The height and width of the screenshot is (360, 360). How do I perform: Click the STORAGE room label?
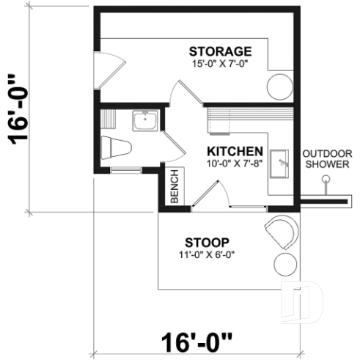(220, 51)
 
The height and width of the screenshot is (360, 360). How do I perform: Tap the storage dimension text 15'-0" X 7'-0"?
(220, 64)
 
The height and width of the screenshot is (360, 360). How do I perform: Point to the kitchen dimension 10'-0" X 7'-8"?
(235, 163)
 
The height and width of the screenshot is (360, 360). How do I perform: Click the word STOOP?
(207, 242)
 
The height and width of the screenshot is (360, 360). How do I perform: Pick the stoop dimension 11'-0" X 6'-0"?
(207, 254)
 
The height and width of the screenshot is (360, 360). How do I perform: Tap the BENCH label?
(175, 188)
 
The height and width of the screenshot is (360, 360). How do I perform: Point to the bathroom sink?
(144, 121)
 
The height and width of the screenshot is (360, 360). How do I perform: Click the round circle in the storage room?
(279, 86)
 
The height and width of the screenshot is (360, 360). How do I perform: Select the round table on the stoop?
(284, 265)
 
